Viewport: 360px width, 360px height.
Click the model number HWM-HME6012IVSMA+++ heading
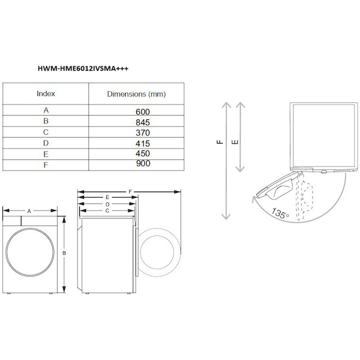pyautogui.click(x=83, y=68)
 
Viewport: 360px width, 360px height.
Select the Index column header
pyautogui.click(x=46, y=93)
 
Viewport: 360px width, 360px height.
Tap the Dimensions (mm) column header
pyautogui.click(x=136, y=94)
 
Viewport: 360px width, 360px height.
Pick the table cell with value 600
pyautogui.click(x=143, y=112)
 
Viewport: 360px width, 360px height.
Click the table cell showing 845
pyautogui.click(x=143, y=122)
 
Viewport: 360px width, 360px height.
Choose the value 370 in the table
pyautogui.click(x=143, y=132)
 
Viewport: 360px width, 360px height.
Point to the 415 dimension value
pyautogui.click(x=143, y=143)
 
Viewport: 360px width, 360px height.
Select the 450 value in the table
pyautogui.click(x=143, y=153)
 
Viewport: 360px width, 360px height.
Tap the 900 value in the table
pyautogui.click(x=143, y=163)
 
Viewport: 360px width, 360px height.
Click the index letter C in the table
pyautogui.click(x=46, y=132)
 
